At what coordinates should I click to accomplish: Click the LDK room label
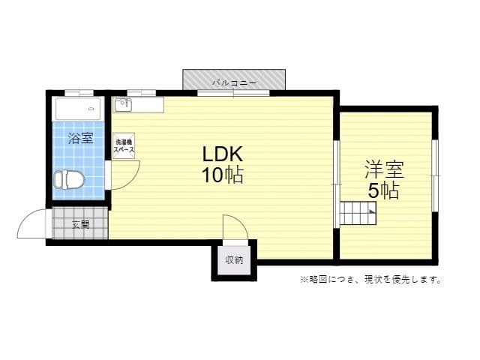(222, 154)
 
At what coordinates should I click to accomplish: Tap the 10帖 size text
(222, 176)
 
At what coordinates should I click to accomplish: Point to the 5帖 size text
(383, 190)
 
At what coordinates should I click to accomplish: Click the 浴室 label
(80, 138)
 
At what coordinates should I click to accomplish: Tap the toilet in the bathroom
(69, 180)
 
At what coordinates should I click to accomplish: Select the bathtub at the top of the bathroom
(78, 109)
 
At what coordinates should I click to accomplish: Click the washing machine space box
(124, 145)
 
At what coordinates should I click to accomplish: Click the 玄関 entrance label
(80, 223)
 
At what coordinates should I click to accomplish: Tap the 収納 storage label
(234, 260)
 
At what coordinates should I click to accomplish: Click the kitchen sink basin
(121, 104)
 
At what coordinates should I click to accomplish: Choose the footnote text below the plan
(370, 280)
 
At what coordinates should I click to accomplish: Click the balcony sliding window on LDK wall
(233, 93)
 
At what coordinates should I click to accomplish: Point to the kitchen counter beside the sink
(148, 104)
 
